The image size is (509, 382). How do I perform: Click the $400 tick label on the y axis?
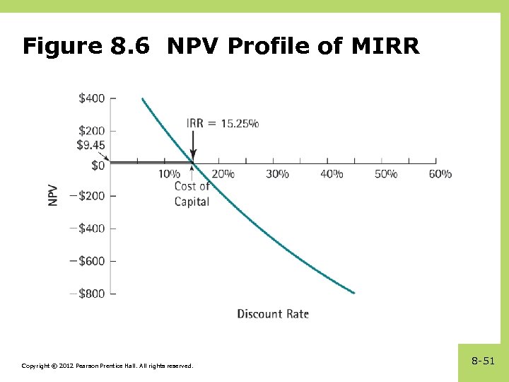point(91,98)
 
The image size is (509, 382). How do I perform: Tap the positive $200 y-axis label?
point(91,130)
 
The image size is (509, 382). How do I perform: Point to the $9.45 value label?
point(90,146)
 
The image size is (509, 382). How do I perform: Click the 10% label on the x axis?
point(169,174)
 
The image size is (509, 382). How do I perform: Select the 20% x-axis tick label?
point(223,174)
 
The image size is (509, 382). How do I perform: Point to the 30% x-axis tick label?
point(277,174)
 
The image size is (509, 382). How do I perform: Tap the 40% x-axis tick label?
point(332,174)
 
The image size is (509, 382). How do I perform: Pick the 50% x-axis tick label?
point(386,174)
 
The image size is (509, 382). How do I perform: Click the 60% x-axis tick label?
point(440,174)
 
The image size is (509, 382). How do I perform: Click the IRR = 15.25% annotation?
point(222,123)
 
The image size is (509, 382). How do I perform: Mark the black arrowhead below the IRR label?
point(193,156)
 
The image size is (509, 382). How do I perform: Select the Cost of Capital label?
point(192,194)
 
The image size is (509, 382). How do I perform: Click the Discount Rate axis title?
point(273,313)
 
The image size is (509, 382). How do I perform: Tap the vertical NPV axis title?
point(54,196)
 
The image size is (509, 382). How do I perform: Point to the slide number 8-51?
point(483,361)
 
